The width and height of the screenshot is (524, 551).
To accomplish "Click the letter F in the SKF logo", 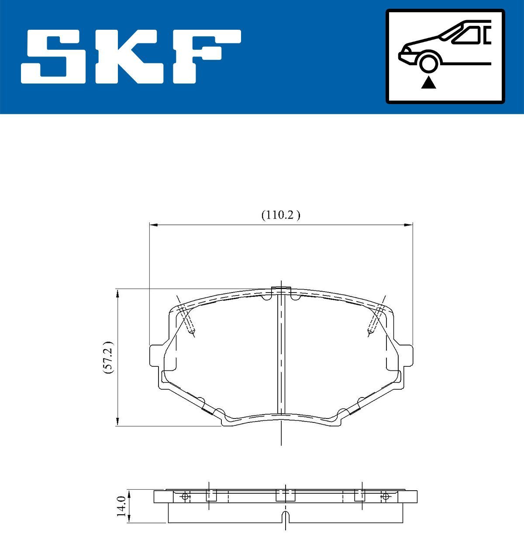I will (205, 56).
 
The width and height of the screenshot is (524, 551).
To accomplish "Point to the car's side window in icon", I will (470, 35).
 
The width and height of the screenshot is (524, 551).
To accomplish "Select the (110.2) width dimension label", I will (281, 215).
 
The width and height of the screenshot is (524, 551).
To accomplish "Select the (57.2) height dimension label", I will (108, 357).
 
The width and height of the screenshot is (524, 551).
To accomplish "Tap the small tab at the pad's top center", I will (281, 290).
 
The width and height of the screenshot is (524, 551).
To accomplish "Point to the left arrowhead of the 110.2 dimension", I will (153, 225).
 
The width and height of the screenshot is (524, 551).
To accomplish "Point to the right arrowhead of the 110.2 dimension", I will (409, 225).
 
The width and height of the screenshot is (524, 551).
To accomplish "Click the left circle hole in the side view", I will (185, 496).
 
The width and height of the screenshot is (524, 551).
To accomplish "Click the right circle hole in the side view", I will (385, 496).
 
